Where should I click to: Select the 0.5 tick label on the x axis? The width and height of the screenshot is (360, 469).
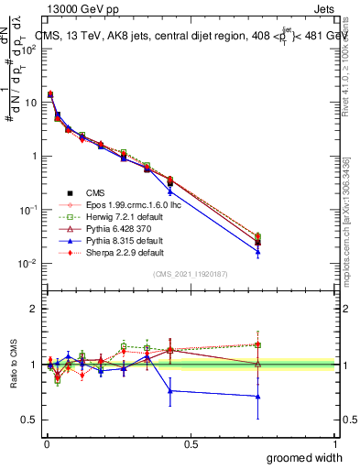pyautogui.click(x=191, y=443)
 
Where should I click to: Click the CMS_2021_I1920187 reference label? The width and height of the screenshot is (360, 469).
pyautogui.click(x=191, y=275)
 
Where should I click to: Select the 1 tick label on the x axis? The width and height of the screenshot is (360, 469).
pyautogui.click(x=334, y=443)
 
